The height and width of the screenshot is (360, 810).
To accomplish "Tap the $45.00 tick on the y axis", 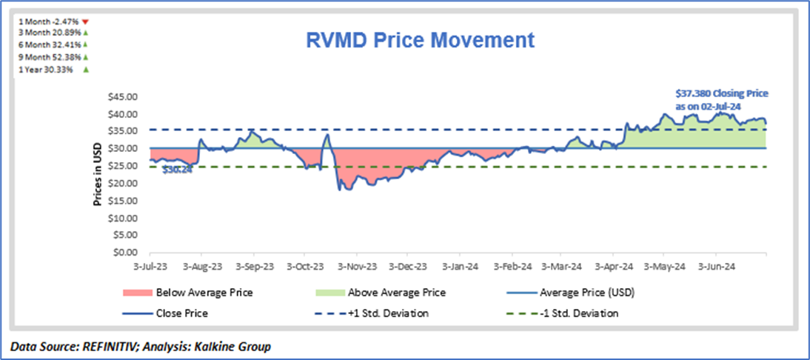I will click(123, 96).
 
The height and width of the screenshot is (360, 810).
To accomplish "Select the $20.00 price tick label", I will click(123, 183).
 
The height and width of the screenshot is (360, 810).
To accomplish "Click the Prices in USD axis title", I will click(98, 174).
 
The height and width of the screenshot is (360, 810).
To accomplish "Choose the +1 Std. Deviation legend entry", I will click(386, 313).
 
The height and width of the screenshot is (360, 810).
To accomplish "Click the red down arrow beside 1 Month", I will click(86, 22).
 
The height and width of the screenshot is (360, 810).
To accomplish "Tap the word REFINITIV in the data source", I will click(101, 346).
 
